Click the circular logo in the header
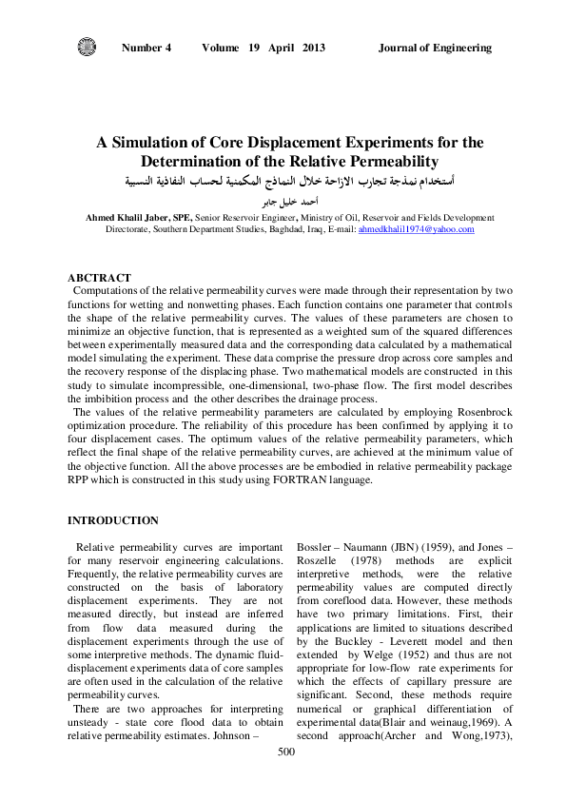tap(87, 47)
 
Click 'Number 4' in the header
tap(146, 48)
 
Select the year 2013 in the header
tap(313, 48)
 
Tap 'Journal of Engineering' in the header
tap(435, 48)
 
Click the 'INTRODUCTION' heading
tap(112, 520)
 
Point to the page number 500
tap(285, 778)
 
